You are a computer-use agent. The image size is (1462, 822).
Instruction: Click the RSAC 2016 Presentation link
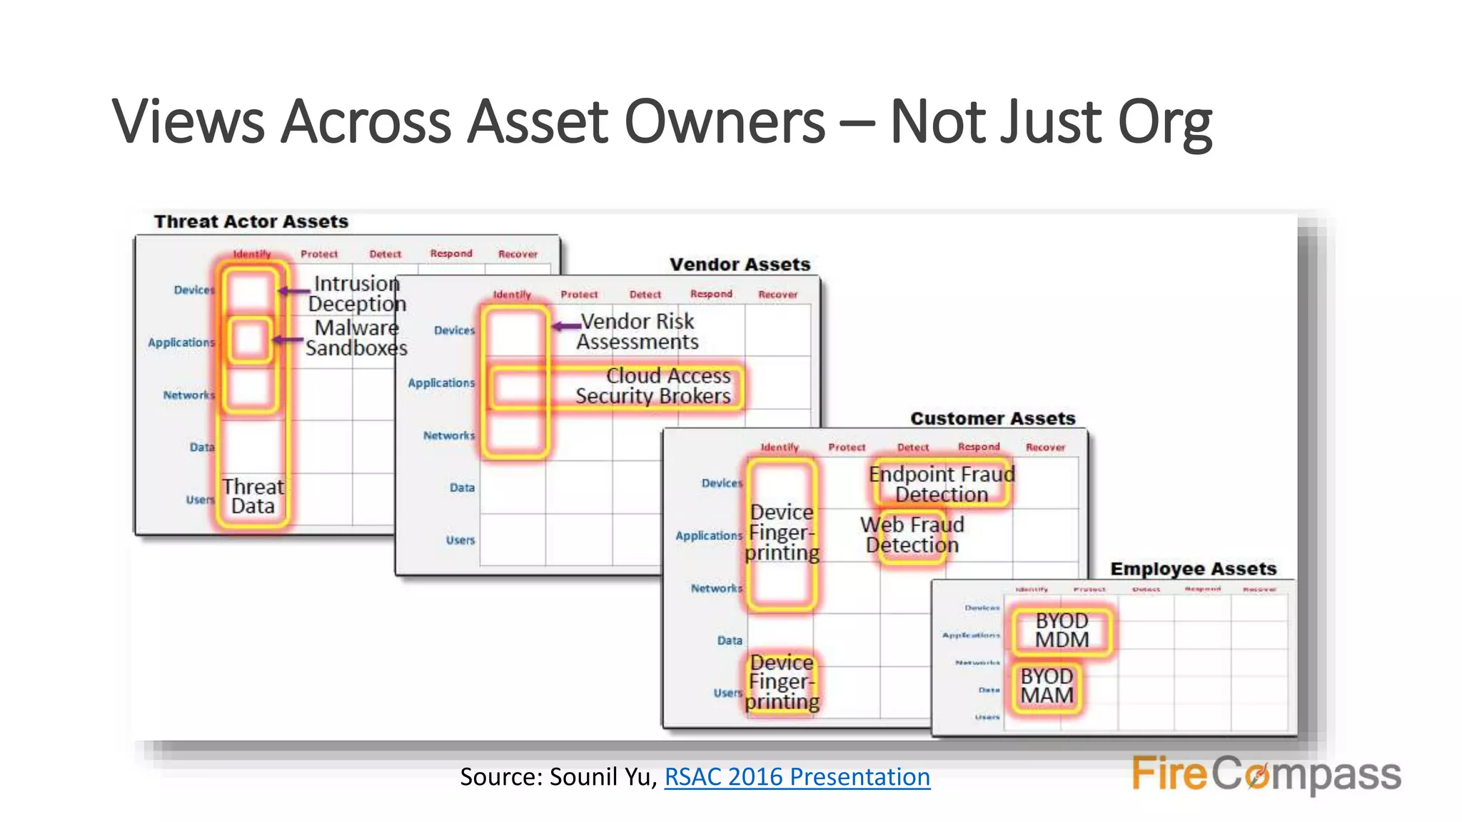point(797,776)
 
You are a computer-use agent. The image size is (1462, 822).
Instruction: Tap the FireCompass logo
point(1266,774)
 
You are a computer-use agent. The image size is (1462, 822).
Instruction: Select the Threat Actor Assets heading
point(251,222)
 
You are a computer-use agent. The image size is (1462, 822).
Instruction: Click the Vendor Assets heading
point(740,265)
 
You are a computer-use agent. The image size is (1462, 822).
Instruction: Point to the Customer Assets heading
point(992,419)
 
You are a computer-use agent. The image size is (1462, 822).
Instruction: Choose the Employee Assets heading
point(1193,569)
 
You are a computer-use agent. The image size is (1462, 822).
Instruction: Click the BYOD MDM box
point(1062,631)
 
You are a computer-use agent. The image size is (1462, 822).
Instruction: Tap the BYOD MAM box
point(1047,686)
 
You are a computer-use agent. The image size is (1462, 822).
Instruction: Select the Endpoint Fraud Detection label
point(942,484)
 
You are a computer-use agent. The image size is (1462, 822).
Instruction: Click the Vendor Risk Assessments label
point(637,332)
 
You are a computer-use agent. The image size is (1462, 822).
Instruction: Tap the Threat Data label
point(253,497)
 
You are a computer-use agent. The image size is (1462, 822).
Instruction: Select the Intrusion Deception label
point(357,293)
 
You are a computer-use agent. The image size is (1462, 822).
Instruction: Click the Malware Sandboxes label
point(356,338)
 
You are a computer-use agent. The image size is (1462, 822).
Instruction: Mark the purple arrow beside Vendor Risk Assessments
point(566,326)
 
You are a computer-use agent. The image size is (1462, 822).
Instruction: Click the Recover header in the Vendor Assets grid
point(777,295)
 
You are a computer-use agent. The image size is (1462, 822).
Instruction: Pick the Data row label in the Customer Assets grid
point(730,641)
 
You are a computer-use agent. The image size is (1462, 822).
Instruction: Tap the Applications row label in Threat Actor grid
point(181,342)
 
